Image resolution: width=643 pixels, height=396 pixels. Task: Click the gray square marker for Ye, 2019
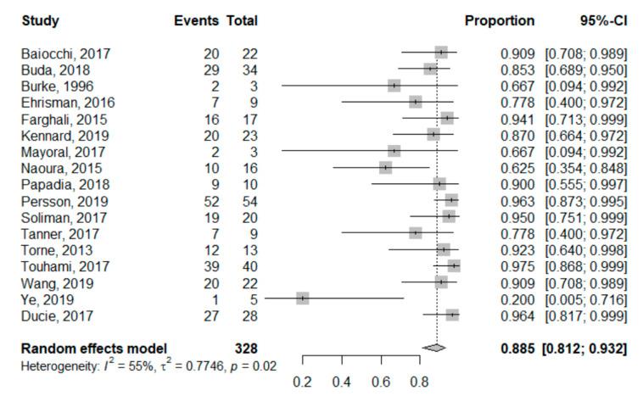(303, 298)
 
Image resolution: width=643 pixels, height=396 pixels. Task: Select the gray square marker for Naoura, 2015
(386, 168)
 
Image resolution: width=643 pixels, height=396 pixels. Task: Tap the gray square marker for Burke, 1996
(394, 86)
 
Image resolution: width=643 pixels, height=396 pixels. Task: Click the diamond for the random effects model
(434, 347)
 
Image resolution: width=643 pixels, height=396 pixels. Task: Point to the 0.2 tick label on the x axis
(303, 382)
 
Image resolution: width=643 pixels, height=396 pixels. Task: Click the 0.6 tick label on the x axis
(381, 382)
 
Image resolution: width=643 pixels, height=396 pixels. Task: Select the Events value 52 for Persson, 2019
(210, 200)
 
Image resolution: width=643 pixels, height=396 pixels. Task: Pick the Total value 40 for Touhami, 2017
(249, 265)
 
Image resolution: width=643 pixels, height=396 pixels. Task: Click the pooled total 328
(246, 348)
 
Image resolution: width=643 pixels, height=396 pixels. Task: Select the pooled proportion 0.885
(517, 348)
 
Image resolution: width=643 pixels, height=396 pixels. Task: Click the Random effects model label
(93, 348)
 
